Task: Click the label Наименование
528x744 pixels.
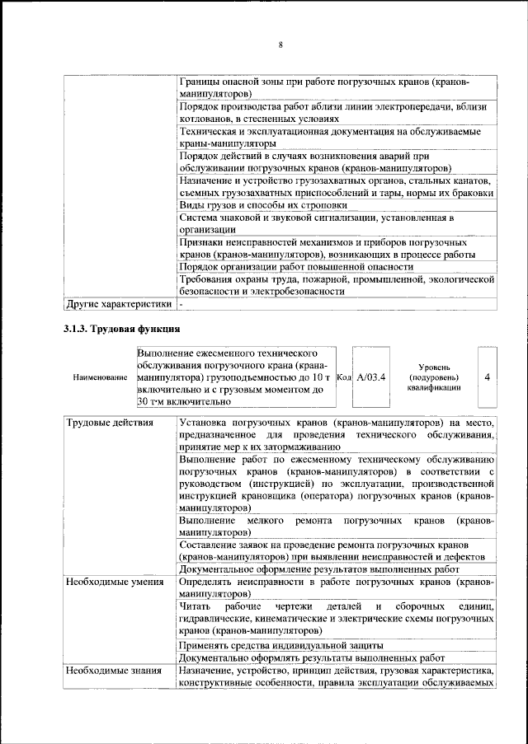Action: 100,377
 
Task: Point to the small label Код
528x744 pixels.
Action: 345,377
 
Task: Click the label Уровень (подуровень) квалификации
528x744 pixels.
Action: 433,377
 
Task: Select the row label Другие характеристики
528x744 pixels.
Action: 120,304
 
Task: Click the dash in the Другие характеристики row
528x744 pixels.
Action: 181,304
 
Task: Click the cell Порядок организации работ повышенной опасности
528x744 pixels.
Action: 296,266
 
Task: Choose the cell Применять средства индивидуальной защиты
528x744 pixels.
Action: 280,644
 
